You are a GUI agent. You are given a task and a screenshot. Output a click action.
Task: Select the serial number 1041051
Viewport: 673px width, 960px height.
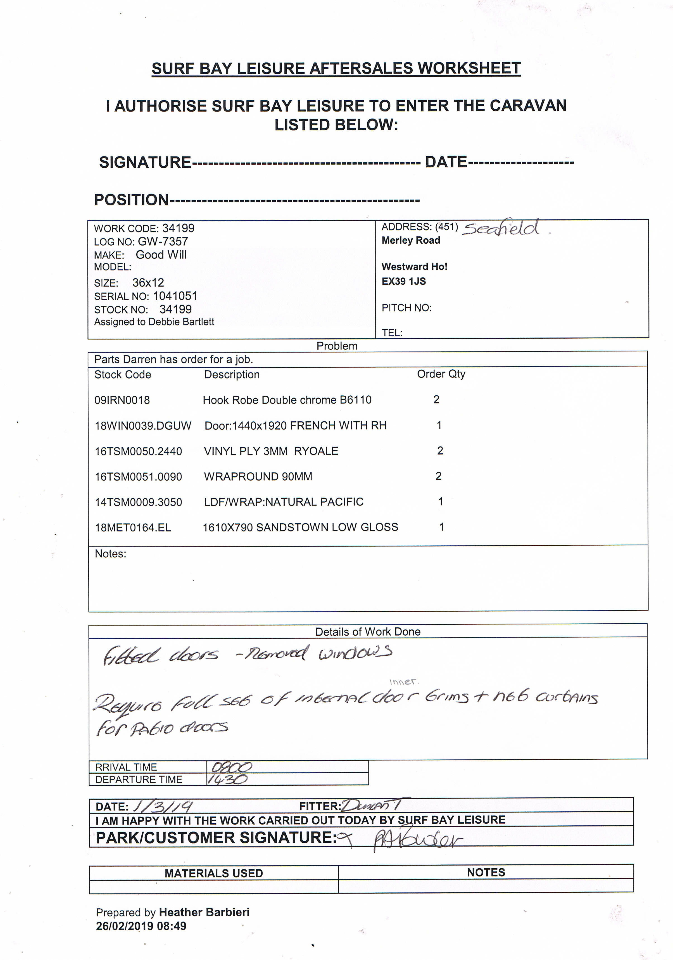point(175,296)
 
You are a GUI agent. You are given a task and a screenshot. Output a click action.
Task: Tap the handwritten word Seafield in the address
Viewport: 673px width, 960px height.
point(501,228)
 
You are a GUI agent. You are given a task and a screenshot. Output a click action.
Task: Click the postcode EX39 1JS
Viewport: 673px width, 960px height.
point(403,281)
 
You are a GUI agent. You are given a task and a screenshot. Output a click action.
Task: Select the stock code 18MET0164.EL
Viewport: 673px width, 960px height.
point(133,528)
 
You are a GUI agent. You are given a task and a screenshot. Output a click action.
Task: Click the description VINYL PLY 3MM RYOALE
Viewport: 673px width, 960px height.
point(271,451)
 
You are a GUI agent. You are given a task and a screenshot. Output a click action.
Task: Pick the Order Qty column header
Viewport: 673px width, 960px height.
point(441,374)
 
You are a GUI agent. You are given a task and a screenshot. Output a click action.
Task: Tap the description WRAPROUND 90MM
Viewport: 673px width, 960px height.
point(258,477)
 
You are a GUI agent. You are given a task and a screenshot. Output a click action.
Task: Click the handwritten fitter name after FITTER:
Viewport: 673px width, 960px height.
point(374,805)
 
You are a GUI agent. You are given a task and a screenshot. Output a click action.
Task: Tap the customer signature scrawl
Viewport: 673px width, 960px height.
point(417,839)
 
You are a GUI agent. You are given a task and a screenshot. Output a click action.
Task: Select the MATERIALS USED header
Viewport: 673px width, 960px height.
point(214,873)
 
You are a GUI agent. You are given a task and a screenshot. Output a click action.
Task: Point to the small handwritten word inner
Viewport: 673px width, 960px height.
point(403,682)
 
